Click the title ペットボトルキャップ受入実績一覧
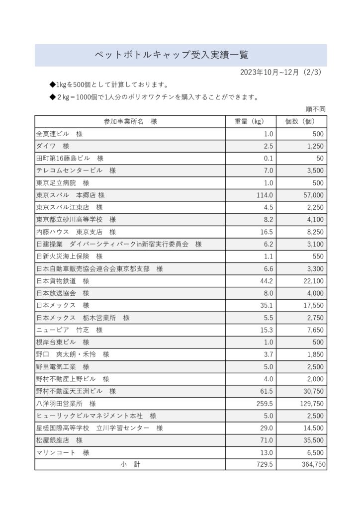point(172,55)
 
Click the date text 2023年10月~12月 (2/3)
point(281,72)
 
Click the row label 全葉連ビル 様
point(59,134)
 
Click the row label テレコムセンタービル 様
point(76,170)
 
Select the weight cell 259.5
point(265,404)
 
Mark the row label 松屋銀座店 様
point(59,440)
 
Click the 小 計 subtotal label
point(130,464)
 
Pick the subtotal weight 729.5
point(265,464)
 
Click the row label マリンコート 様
point(62,452)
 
